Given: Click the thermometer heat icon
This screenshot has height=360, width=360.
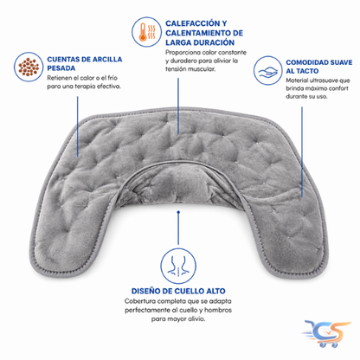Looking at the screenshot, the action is coord(146,32).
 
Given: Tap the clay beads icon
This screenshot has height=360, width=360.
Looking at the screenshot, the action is coord(29,67).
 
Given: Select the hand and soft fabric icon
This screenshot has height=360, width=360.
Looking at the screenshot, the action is coord(267,70).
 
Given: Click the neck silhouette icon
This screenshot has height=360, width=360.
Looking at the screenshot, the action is coord(178,266).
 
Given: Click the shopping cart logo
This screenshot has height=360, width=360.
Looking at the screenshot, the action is coord(326,333).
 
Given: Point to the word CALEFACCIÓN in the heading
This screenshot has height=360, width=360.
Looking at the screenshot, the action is coord(193,23).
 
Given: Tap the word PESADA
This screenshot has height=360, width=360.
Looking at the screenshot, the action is coord(61,68).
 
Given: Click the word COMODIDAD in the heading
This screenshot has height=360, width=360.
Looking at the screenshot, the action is coord(304,62).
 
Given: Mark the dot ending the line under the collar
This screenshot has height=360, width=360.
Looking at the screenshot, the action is coord(178,212).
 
